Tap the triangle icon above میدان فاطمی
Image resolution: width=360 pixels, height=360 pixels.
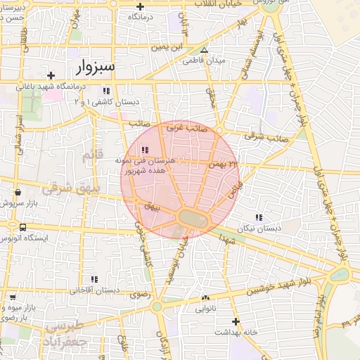204,50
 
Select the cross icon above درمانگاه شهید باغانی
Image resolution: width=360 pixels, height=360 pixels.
51,75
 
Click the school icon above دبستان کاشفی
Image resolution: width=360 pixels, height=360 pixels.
106,91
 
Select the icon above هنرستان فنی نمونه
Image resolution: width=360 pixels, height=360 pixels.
145,150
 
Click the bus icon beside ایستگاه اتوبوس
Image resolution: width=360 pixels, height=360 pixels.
24,227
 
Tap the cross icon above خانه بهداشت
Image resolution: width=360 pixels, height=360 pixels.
236,321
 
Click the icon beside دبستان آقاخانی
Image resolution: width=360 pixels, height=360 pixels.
74,289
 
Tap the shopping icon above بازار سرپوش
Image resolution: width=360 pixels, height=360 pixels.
18,191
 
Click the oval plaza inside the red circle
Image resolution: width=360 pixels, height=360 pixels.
193,219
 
